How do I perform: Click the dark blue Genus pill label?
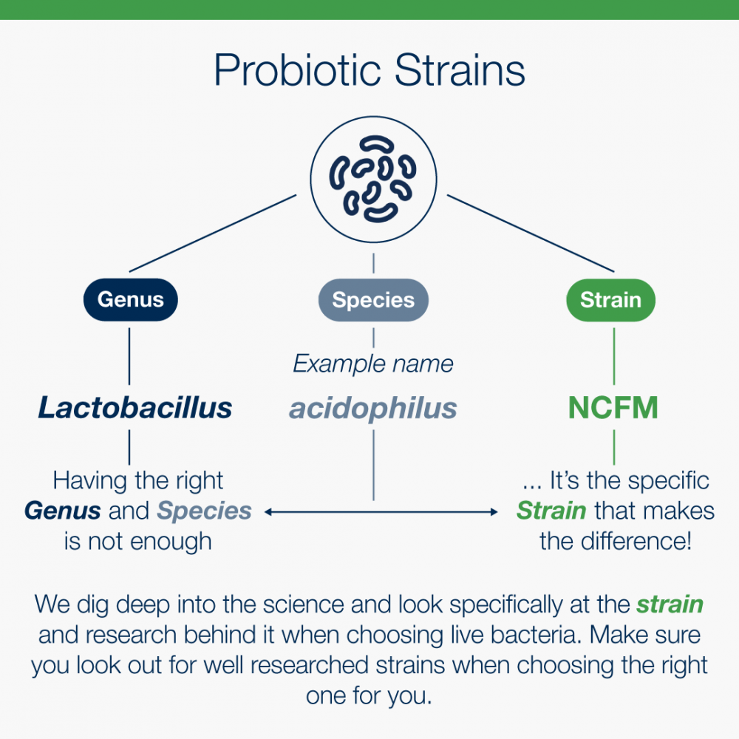(x=131, y=300)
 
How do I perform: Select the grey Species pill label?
(x=373, y=300)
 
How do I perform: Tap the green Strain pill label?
(x=611, y=300)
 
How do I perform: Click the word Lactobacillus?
(x=134, y=408)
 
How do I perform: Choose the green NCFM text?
(x=613, y=408)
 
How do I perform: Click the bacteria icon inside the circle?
(x=372, y=179)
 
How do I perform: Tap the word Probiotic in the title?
(x=297, y=71)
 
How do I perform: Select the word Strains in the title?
(x=460, y=71)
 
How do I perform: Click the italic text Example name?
(x=372, y=364)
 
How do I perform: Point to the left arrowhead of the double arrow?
(x=268, y=512)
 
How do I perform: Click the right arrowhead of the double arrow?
(x=494, y=512)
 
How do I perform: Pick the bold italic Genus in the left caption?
(x=62, y=511)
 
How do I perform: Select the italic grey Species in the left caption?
(x=204, y=511)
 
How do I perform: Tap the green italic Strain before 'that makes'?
(x=551, y=511)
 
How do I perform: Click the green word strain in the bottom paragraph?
(x=670, y=605)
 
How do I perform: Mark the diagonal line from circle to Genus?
(x=213, y=234)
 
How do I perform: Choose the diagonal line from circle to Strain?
(x=531, y=234)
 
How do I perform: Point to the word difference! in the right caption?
(x=636, y=541)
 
